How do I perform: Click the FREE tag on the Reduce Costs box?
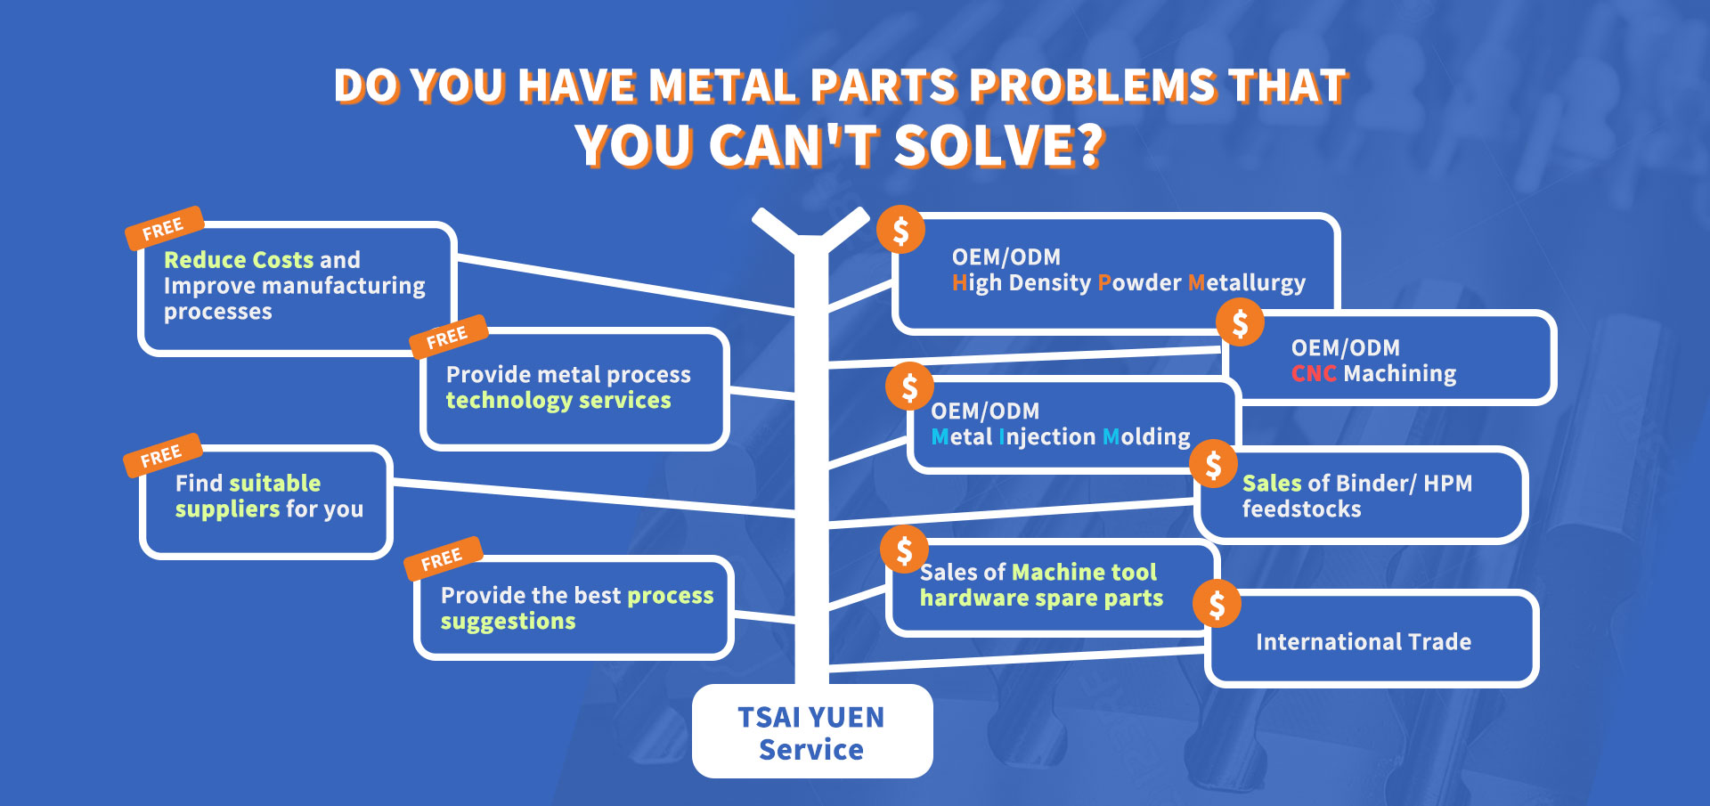click(164, 228)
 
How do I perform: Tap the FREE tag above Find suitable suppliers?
click(162, 456)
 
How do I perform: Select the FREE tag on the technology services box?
click(448, 337)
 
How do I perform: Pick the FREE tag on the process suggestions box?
click(443, 558)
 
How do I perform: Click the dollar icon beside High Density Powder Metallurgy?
click(900, 230)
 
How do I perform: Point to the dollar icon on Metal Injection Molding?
click(909, 387)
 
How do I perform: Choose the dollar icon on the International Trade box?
click(1217, 604)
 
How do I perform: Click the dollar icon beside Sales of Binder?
click(1213, 464)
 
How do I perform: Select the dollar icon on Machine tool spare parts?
click(905, 550)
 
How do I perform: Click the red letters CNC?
click(1314, 373)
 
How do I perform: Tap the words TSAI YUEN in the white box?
click(811, 717)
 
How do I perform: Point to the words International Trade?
click(1364, 641)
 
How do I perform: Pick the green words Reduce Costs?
click(239, 259)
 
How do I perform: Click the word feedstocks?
click(1302, 509)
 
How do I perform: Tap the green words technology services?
click(558, 401)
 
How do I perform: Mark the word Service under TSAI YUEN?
click(811, 750)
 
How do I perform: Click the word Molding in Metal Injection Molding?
click(1146, 436)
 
